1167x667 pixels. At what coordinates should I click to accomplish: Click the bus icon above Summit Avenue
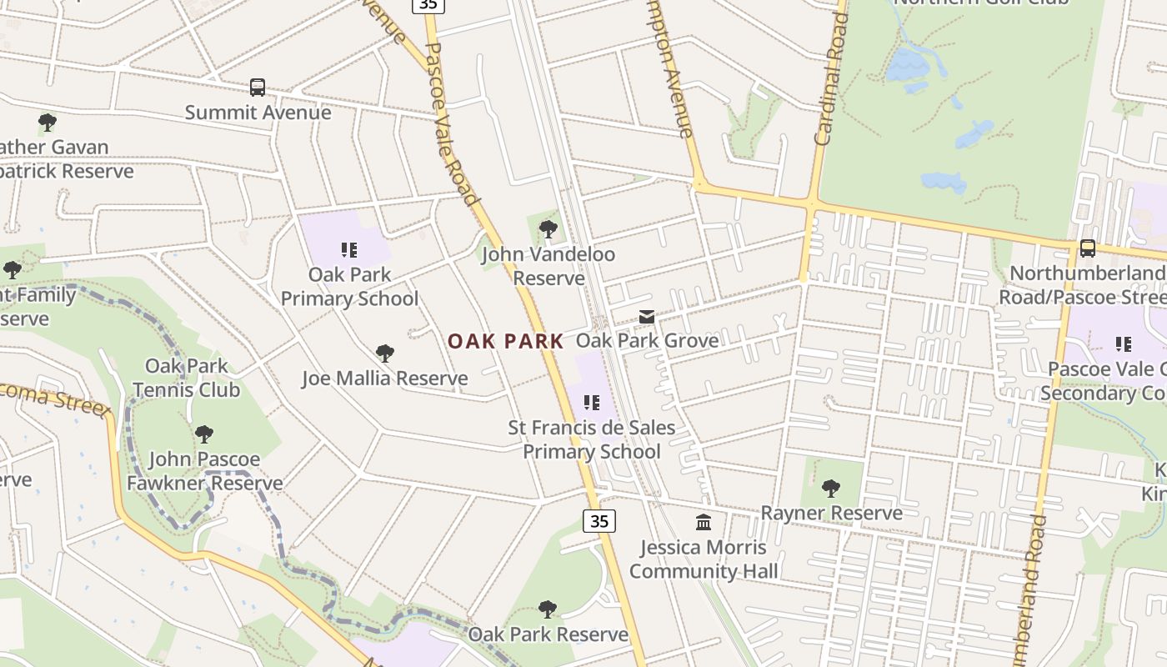258,88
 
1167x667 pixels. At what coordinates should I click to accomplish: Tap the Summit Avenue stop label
258,113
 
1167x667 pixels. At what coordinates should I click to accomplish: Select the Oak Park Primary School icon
349,249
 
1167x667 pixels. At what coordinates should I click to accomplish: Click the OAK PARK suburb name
506,341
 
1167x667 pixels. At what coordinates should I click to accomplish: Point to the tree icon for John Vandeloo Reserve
548,228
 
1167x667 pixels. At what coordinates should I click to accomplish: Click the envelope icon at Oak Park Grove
647,317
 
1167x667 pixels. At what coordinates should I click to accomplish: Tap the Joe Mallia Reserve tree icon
384,354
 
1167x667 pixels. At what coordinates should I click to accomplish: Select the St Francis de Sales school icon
592,404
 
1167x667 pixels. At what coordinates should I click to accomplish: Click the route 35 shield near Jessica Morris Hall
599,521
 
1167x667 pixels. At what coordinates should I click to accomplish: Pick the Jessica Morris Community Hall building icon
704,523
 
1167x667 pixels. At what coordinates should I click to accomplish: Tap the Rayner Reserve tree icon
831,488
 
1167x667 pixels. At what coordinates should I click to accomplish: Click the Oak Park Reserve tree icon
548,609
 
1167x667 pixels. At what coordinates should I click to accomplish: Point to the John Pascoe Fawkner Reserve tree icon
204,434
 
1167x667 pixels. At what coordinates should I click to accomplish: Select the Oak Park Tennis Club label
186,378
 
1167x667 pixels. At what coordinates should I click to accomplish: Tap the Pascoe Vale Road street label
452,125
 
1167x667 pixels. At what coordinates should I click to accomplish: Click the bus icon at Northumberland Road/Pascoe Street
1087,248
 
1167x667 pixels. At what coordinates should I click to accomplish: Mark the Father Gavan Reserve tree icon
48,123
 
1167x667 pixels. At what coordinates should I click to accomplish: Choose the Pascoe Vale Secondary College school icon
1124,344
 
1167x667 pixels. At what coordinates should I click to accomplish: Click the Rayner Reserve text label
831,513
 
